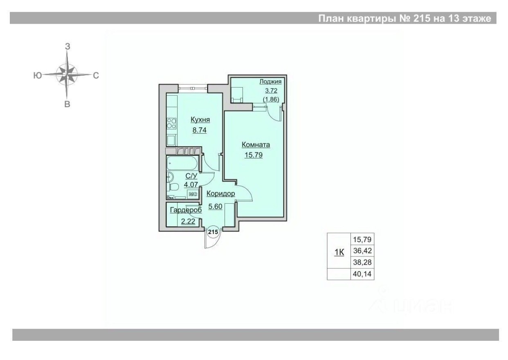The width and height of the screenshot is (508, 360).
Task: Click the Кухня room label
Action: point(200,120)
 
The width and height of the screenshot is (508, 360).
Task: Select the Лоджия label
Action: point(270,82)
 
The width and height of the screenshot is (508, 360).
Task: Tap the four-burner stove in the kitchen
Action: point(172,123)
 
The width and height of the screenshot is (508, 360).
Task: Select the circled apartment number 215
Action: point(213,232)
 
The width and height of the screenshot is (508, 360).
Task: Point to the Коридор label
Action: point(220,193)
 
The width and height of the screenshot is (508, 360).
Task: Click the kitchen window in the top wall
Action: point(193,87)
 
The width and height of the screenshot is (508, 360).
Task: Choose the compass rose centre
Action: point(67,75)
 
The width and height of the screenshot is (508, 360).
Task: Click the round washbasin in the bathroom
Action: point(170,177)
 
